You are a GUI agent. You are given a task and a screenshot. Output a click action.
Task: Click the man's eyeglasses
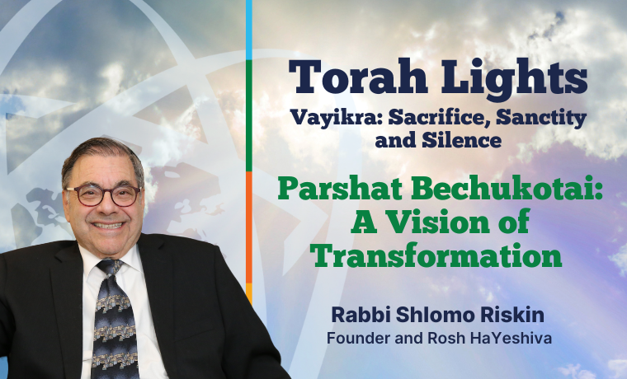tap(102, 195)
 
